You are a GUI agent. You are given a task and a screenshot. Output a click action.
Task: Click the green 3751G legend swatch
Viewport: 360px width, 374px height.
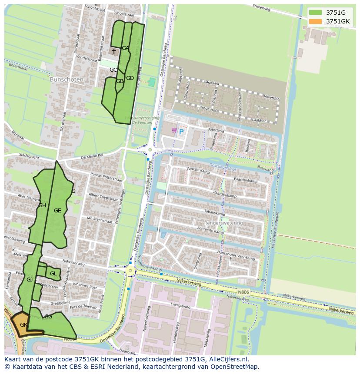pyautogui.click(x=316, y=12)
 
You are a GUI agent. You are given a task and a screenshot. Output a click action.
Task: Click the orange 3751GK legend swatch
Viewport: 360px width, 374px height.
pyautogui.click(x=316, y=21)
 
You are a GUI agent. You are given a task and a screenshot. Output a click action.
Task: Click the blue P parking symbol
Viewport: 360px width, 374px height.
pyautogui.click(x=181, y=132)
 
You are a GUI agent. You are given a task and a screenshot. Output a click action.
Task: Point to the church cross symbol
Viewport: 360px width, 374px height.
pyautogui.click(x=114, y=52)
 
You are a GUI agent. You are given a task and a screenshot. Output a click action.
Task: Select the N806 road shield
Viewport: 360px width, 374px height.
pyautogui.click(x=244, y=292)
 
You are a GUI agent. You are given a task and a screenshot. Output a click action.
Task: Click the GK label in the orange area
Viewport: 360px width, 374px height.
pyautogui.click(x=24, y=324)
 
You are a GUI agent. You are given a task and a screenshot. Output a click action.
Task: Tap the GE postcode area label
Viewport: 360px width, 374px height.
pyautogui.click(x=57, y=210)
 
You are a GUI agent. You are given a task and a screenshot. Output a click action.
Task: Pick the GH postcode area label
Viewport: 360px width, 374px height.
pyautogui.click(x=42, y=205)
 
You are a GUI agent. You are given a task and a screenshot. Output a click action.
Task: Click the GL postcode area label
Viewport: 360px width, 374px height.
pyautogui.click(x=53, y=274)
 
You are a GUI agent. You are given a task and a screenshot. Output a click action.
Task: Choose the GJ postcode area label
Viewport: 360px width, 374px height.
pyautogui.click(x=30, y=280)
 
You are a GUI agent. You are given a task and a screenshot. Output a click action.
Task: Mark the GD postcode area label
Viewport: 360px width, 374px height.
pyautogui.click(x=130, y=78)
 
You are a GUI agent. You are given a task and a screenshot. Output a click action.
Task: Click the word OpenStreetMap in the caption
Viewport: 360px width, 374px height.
pyautogui.click(x=235, y=366)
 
